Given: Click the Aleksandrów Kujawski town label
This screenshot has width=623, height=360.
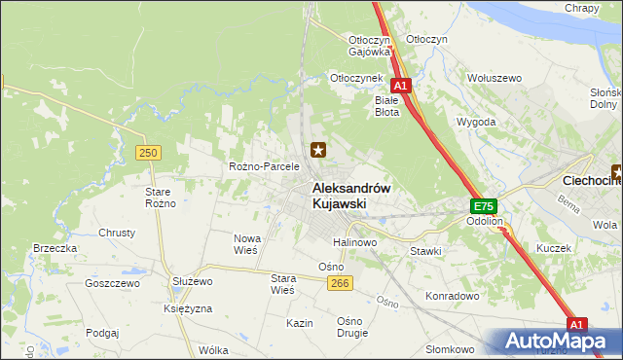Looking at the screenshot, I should (351, 196).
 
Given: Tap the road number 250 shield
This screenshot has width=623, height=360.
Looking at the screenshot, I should (148, 153).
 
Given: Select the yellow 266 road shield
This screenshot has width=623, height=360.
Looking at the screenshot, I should (339, 282).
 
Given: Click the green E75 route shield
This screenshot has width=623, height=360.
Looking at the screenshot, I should (484, 206).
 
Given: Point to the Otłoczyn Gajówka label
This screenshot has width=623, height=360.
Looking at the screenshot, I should (369, 45).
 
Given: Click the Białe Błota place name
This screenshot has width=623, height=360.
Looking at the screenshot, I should (387, 105).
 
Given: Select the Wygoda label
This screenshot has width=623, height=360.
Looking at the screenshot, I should (476, 123).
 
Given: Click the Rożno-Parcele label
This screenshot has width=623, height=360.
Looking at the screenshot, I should (263, 166).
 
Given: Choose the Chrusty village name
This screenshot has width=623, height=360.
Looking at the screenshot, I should (117, 234).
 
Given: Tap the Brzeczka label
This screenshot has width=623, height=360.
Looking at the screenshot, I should (55, 248).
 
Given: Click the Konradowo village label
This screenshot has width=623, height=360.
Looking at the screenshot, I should (454, 295).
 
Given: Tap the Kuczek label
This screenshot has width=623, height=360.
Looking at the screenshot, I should (553, 248).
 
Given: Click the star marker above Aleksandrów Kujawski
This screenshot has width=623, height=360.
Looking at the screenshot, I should (317, 150).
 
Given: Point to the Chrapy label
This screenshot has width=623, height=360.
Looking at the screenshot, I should (581, 8).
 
